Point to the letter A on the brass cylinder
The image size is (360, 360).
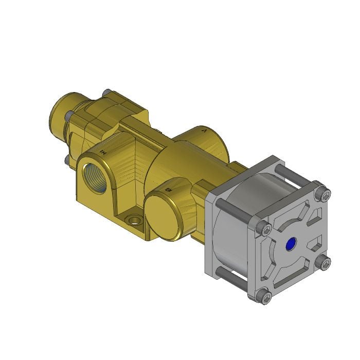click(205, 132)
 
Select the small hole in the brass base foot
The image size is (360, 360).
click(136, 221)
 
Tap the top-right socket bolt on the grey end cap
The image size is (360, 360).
click(323, 194)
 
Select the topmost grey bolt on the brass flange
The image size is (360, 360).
click(107, 93)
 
